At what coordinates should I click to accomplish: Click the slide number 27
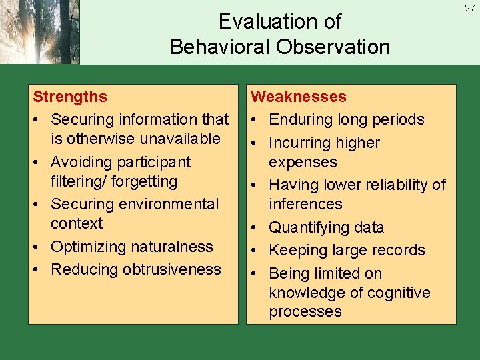[x=470, y=8]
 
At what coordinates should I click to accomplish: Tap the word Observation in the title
[x=337, y=47]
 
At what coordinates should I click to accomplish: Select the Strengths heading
[x=70, y=97]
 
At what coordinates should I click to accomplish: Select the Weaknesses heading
[x=298, y=97]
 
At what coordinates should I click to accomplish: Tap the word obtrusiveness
[x=177, y=269]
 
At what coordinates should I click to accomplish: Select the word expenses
[x=303, y=162]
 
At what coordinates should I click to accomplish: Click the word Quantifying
[x=309, y=227]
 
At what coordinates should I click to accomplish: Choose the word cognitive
[x=398, y=293]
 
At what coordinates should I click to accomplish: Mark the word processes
[x=305, y=311]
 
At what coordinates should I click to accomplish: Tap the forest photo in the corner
[x=40, y=32]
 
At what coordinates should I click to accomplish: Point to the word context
[x=77, y=223]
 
